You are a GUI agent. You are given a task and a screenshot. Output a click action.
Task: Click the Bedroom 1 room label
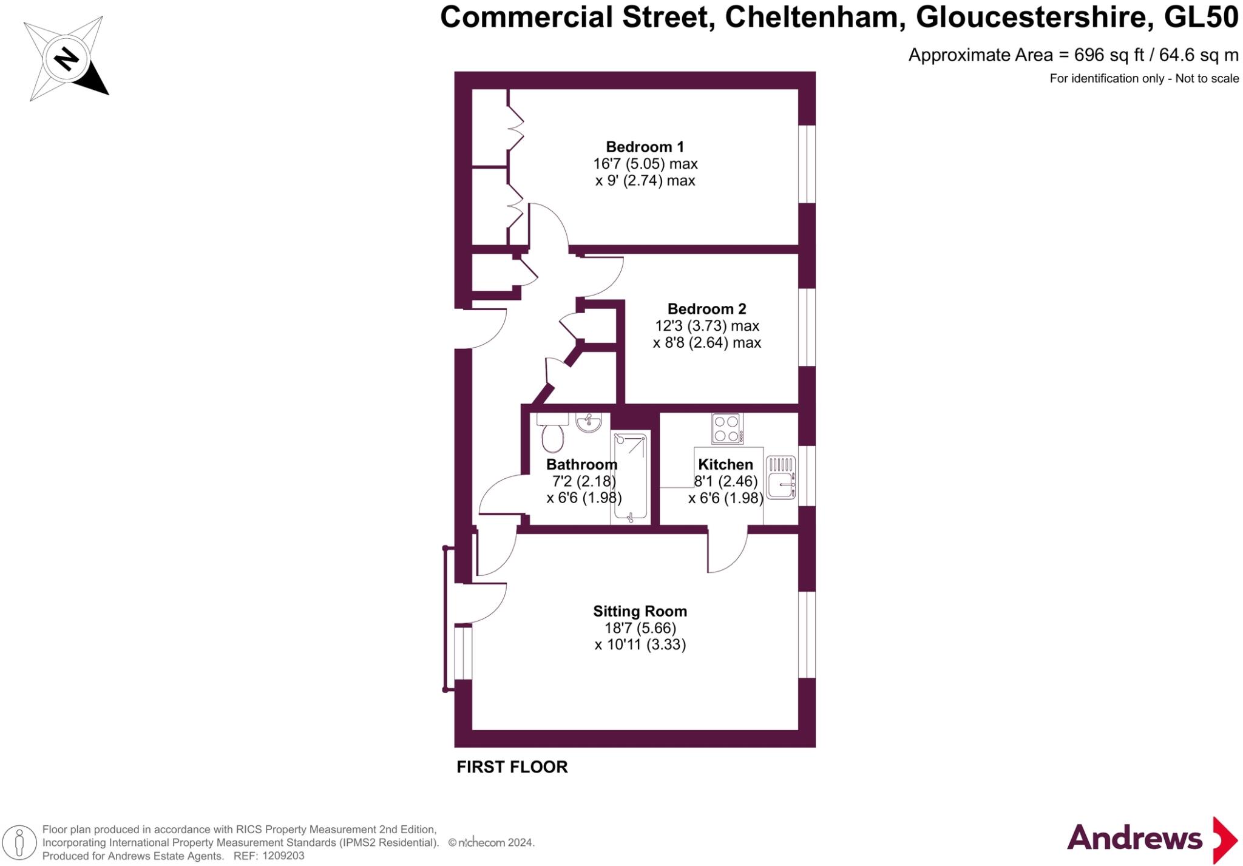645,147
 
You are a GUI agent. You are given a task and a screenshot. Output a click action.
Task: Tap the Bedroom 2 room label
706,309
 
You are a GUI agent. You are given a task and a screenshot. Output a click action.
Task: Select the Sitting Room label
640,611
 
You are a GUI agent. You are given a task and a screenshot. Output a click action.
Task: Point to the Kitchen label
725,464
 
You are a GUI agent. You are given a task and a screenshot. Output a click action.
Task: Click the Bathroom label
581,464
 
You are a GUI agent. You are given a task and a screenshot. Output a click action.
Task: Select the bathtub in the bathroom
630,477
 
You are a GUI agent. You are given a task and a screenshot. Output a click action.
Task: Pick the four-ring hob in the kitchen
727,428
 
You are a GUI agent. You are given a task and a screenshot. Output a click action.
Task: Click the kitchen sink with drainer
781,478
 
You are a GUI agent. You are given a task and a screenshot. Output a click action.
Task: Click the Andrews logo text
1134,839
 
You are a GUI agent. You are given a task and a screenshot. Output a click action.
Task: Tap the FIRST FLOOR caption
512,767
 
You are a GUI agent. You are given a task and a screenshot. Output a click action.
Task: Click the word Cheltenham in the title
811,18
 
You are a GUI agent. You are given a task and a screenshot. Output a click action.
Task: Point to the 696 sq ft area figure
1110,55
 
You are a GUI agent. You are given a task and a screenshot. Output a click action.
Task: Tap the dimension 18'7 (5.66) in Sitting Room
640,628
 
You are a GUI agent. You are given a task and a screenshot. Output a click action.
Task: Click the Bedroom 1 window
807,164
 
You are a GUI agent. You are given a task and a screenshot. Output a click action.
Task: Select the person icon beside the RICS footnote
19,843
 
